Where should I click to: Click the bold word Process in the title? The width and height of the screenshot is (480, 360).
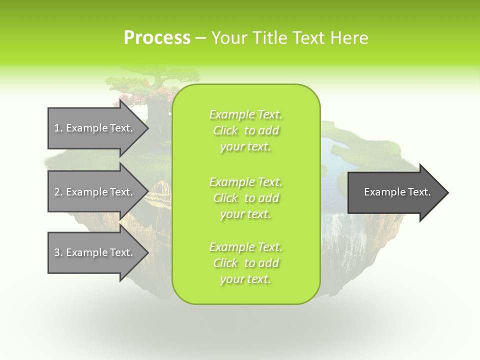click(157, 37)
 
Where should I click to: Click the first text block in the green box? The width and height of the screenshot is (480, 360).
click(246, 130)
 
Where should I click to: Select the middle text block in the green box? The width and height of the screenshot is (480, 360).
click(246, 198)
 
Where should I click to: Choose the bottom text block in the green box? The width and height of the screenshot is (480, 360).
click(246, 263)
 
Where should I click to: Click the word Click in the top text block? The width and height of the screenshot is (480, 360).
click(225, 130)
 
